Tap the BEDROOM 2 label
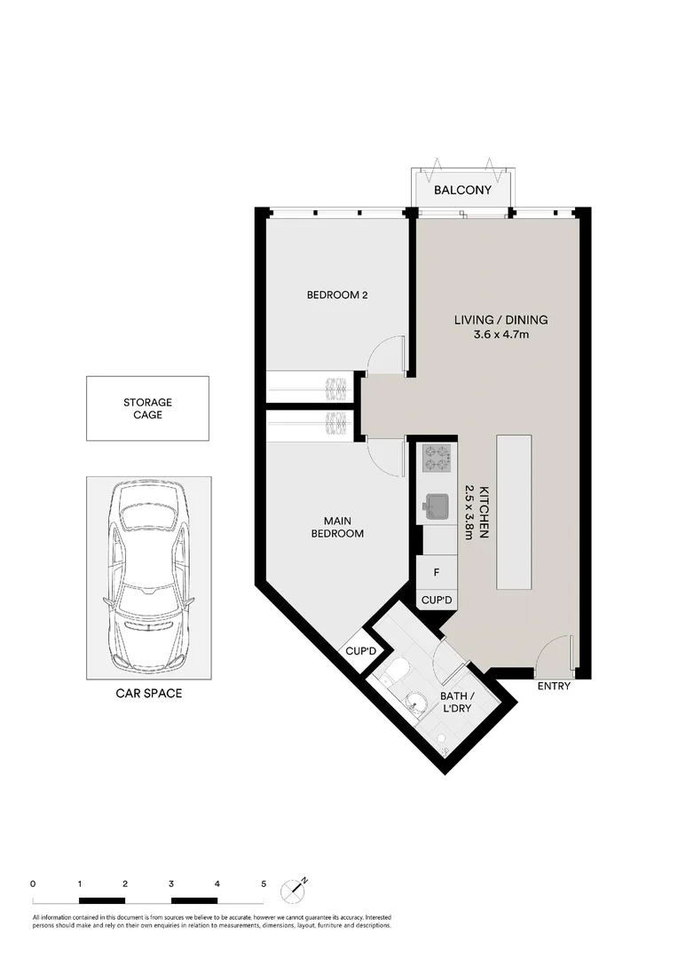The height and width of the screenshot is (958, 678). tap(337, 295)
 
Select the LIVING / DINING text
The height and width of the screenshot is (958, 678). tap(501, 320)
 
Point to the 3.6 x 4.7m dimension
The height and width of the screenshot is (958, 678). tap(501, 334)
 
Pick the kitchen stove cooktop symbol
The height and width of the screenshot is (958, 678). tap(436, 458)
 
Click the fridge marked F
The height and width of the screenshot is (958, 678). tap(436, 572)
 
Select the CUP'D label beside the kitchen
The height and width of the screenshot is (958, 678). tap(437, 601)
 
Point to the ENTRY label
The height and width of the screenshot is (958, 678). tap(554, 687)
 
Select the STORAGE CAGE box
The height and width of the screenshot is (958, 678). tap(147, 408)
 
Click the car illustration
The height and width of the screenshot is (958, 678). tap(148, 577)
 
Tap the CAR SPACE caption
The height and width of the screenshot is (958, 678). tap(148, 694)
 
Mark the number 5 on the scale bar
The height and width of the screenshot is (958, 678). tap(264, 883)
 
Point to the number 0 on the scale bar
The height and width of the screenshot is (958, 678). tap(33, 883)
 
